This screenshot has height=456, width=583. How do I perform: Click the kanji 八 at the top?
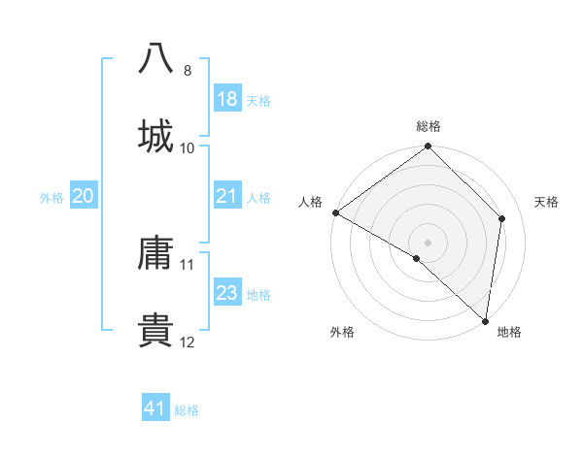click(156, 57)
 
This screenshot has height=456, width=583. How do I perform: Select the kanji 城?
click(156, 135)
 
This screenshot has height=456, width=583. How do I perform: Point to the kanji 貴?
click(156, 330)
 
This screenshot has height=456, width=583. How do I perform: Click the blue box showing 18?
click(226, 99)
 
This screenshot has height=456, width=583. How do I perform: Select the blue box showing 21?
click(226, 197)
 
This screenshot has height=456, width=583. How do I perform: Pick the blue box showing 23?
click(226, 294)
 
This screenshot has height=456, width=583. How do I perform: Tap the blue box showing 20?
click(84, 197)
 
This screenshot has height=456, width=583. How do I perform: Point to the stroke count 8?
click(188, 71)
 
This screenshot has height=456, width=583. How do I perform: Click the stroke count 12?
click(188, 342)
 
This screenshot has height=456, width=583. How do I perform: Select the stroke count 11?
click(188, 264)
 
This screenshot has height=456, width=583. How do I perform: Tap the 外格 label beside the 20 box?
click(51, 198)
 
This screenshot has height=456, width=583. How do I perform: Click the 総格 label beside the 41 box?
click(187, 410)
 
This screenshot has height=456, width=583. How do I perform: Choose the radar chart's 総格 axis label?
click(429, 126)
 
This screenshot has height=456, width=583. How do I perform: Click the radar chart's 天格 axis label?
click(547, 202)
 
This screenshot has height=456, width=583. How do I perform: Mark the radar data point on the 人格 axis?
click(335, 212)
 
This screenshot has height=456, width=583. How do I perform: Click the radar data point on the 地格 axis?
click(485, 320)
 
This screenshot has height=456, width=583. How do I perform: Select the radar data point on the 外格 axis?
click(417, 258)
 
